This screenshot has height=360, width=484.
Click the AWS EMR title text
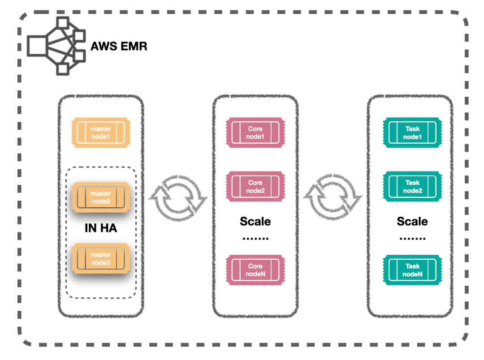pyautogui.click(x=119, y=46)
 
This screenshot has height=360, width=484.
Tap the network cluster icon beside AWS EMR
pyautogui.click(x=56, y=46)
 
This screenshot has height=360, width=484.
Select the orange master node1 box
pyautogui.click(x=101, y=133)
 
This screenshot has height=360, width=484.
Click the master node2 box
pyautogui.click(x=101, y=197)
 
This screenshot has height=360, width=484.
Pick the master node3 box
pyautogui.click(x=101, y=258)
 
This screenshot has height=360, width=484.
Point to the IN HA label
pyautogui.click(x=101, y=228)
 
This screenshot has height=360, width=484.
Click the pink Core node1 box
pyautogui.click(x=255, y=133)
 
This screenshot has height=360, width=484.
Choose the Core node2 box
pyautogui.click(x=255, y=186)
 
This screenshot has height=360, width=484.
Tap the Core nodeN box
pyautogui.click(x=255, y=270)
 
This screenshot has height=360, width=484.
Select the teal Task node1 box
pyautogui.click(x=412, y=133)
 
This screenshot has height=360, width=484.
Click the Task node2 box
pyautogui.click(x=412, y=186)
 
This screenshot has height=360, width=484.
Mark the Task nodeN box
pyautogui.click(x=412, y=270)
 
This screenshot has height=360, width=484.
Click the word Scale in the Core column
pyautogui.click(x=255, y=221)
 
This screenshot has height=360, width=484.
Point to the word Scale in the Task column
pyautogui.click(x=412, y=221)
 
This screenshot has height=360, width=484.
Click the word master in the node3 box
pyautogui.click(x=101, y=254)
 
